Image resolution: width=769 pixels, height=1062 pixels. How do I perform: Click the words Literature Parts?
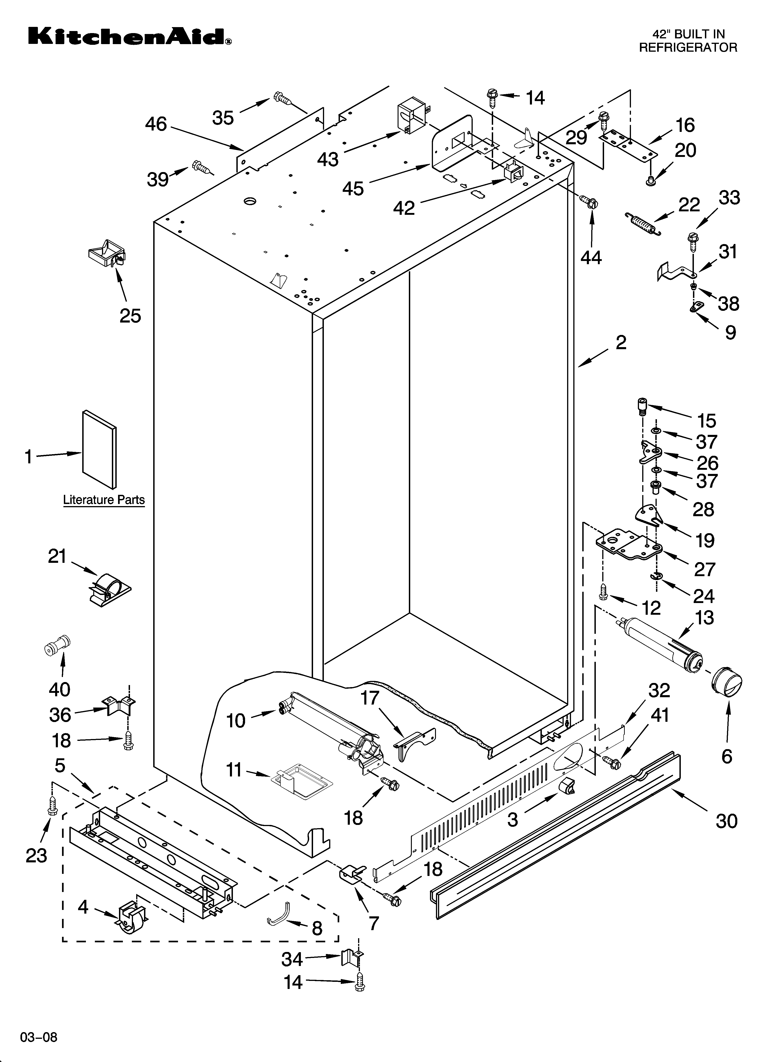pyautogui.click(x=104, y=500)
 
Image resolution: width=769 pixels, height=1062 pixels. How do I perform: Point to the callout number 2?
pyautogui.click(x=621, y=343)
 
